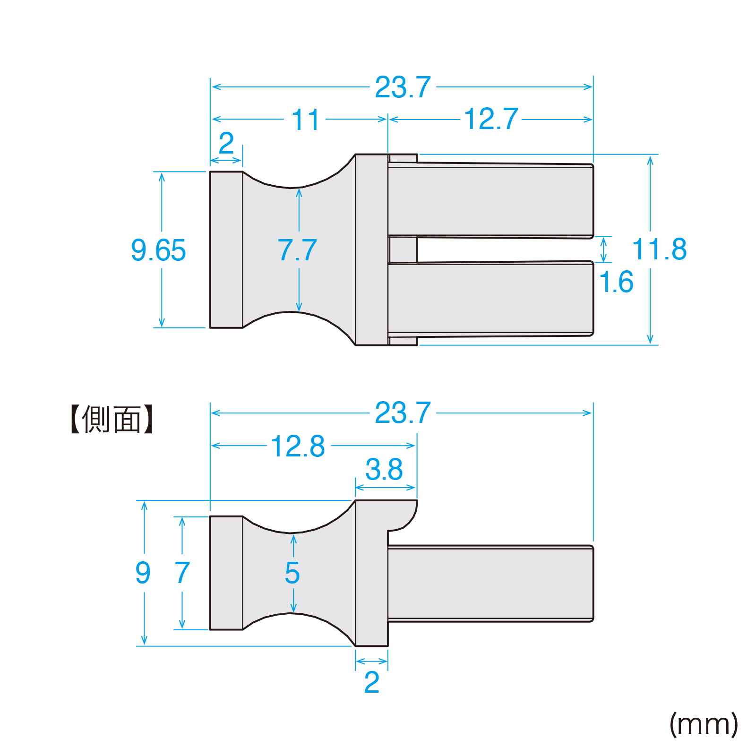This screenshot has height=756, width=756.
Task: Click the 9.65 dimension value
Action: (x=158, y=250)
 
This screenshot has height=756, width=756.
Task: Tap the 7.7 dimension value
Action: (x=297, y=250)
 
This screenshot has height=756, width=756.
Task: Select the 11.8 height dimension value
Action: (x=659, y=249)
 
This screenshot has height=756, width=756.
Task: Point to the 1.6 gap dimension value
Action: (x=616, y=282)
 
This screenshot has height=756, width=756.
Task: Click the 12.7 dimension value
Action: (x=491, y=119)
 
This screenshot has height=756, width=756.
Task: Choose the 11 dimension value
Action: (x=306, y=120)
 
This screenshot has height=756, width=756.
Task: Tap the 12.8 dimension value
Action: (x=298, y=446)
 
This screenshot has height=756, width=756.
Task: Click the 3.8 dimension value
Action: (x=384, y=469)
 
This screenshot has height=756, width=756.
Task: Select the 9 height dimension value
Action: (x=143, y=573)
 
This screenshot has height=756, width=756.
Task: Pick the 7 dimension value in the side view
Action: (x=182, y=573)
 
